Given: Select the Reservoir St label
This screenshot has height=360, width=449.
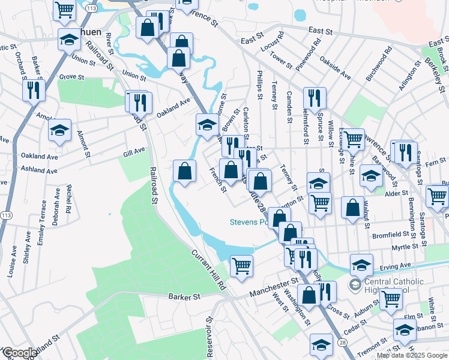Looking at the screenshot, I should [210, 337].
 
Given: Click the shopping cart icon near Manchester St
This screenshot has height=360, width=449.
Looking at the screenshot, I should [241, 265].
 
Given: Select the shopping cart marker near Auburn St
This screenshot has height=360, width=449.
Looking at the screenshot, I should [391, 298].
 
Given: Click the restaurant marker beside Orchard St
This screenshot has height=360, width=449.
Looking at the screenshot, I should [32, 90].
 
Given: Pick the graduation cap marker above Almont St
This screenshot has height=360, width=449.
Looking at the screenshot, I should [60, 131].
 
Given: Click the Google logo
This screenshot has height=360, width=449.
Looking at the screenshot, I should [20, 353].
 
